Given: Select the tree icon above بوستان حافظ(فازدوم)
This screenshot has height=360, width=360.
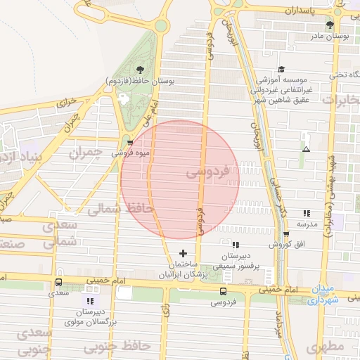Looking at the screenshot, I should click(139, 69).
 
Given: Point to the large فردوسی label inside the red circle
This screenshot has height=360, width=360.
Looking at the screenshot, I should click(209, 171).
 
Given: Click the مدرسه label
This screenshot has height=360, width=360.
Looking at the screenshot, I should click(307, 224).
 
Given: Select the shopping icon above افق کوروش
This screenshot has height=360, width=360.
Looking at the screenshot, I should click(285, 235).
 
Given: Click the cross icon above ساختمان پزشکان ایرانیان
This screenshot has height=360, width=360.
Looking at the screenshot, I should click(183, 253).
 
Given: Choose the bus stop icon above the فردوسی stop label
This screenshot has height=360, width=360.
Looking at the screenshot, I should click(223, 291).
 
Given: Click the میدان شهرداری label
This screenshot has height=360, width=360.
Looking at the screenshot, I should click(324, 295).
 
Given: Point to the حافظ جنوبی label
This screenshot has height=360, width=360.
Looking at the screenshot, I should click(117, 346).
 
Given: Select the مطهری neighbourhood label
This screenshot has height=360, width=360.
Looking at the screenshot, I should click(323, 347).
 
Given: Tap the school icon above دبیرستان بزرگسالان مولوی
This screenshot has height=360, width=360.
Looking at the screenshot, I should click(89, 301).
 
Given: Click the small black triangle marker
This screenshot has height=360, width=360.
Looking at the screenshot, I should click(305, 149).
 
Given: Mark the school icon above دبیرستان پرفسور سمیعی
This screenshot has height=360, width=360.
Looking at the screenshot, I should click(236, 245).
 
